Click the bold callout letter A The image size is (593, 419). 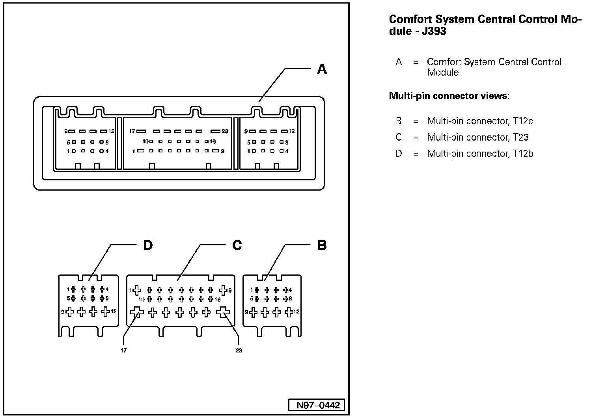pos(322,69)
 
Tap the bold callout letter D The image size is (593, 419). pos(148,245)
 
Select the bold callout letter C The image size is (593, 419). pos(237,245)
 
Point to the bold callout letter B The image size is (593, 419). pos(322,245)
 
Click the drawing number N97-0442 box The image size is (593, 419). pos(316,405)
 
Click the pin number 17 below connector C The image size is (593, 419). pos(123,350)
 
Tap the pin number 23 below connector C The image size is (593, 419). pos(239,350)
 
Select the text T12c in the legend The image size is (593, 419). pos(523,121)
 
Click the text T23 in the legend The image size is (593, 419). pos(521,137)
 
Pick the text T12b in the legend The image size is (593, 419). pos(523,153)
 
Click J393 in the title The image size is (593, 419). pos(434,31)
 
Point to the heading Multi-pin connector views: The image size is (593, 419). pos(449,95)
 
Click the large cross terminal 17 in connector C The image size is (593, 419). pos(137,312)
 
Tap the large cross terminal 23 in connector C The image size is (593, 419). pos(223,312)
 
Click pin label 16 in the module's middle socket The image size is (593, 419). pos(213,141)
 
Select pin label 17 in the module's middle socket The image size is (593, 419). pos(132,131)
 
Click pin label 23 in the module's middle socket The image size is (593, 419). pos(225,131)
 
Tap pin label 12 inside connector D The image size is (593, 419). pos(114,311)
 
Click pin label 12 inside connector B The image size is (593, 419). pos(296,311)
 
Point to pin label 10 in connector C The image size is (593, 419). pos(142,300)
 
